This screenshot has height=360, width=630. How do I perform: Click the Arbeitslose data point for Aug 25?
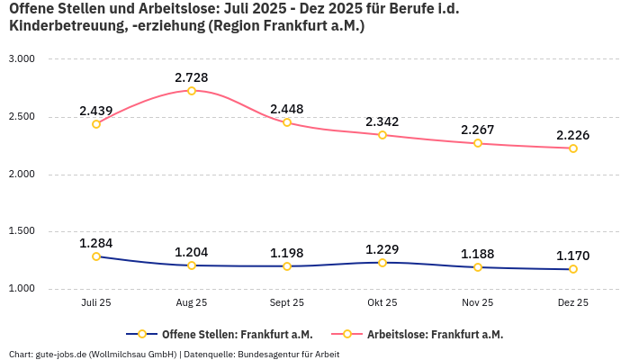192,91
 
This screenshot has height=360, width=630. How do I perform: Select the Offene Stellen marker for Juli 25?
96,256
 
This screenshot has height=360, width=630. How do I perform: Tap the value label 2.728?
192,76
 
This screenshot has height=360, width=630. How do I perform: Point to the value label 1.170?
572,255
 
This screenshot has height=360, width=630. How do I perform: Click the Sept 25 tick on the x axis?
287,303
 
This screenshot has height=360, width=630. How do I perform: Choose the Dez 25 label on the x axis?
572,303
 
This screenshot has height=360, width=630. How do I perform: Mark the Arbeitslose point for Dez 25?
572,148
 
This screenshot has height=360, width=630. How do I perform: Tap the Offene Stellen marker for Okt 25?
382,263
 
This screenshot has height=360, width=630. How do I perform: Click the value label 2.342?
382,121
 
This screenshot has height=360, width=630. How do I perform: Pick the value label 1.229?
382,248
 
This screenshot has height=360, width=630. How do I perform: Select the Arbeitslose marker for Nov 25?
478,143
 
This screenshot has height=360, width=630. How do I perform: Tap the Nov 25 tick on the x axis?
478,303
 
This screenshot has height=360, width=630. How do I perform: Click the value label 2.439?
96,111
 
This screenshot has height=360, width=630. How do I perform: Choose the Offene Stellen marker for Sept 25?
287,266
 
